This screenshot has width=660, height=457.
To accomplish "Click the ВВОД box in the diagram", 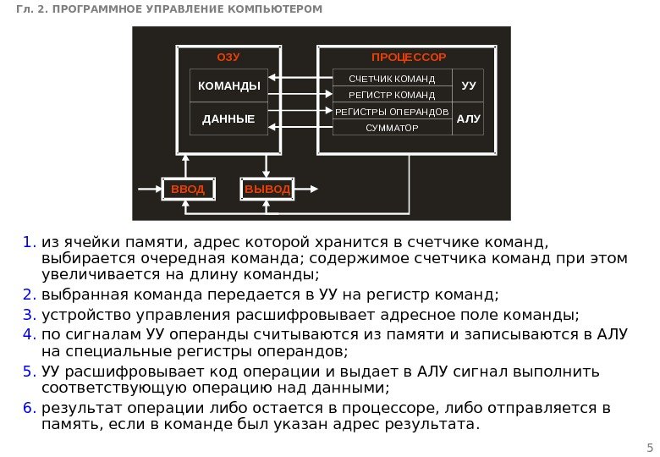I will click(188, 189).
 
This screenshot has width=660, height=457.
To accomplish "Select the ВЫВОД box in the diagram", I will click(267, 189).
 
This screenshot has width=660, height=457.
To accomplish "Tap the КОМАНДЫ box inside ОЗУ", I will click(228, 86).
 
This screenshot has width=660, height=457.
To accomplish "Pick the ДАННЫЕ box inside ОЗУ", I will click(228, 119).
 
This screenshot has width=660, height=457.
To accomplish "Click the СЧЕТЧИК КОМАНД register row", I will click(392, 79).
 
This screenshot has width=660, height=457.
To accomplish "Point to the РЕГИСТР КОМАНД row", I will click(392, 95).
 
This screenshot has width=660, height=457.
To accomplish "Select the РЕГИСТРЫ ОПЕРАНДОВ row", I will click(392, 112).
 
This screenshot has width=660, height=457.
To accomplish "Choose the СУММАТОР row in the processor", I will click(392, 128).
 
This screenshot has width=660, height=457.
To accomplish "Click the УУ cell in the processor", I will click(468, 86).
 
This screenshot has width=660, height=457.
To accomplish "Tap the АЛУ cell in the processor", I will click(468, 119).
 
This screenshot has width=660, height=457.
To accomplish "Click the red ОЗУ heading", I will click(228, 57).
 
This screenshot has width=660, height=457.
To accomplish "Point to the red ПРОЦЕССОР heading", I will click(408, 57).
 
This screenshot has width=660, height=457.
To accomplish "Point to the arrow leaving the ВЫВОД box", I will click(307, 189).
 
